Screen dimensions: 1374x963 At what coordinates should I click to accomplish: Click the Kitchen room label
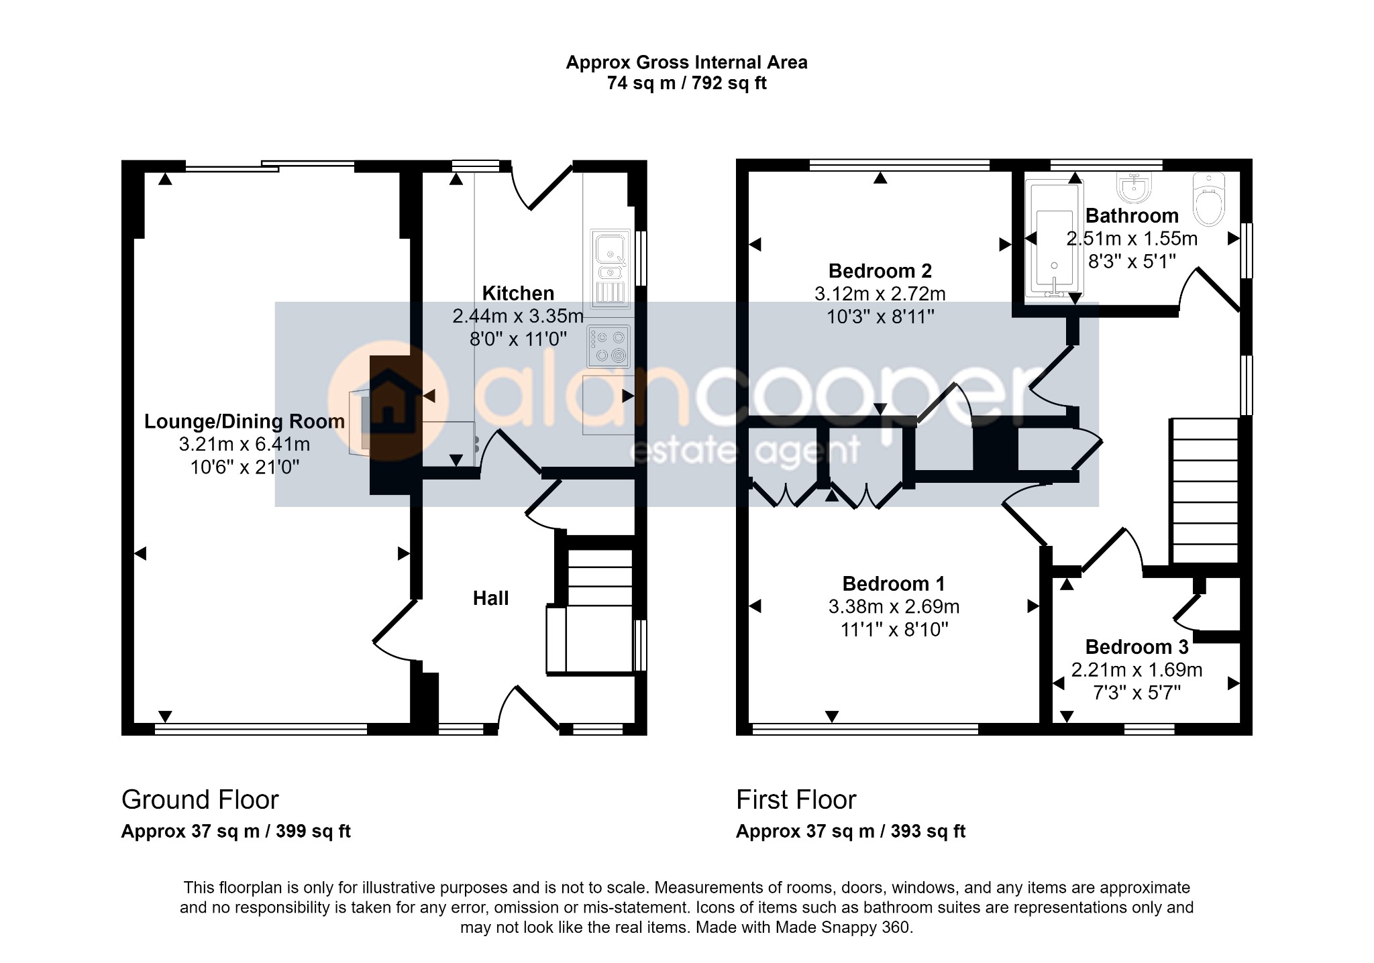518,293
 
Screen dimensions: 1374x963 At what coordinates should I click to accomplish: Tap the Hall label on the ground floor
490,598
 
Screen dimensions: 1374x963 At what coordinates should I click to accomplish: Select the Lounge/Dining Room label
244,421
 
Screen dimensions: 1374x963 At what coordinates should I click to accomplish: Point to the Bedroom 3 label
1137,647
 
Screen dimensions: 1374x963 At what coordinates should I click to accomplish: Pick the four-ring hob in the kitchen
609,346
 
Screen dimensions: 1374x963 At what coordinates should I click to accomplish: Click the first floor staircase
1204,491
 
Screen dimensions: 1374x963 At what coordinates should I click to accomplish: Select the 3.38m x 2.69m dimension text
894,607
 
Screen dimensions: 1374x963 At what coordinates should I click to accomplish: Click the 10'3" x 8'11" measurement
880,317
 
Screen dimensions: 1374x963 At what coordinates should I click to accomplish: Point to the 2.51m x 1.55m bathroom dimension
1132,239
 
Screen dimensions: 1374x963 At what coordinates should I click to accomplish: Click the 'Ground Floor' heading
200,800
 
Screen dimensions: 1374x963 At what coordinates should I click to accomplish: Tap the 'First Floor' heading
796,800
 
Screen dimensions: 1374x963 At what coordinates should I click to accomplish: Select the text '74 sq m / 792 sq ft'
686,83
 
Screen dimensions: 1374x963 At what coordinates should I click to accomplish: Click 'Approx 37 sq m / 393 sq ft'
851,832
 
